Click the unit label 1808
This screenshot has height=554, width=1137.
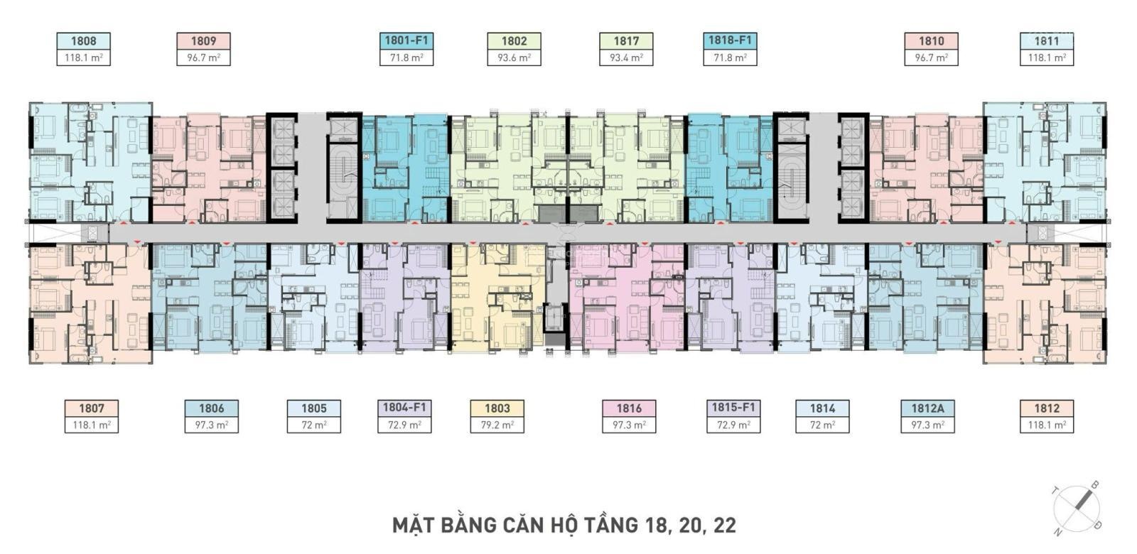tap(83, 41)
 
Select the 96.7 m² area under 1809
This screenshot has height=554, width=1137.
tap(203, 58)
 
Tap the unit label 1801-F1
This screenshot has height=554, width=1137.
tap(406, 40)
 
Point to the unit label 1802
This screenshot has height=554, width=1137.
tap(514, 41)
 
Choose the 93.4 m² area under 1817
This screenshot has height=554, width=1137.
tap(626, 58)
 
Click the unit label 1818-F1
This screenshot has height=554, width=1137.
tap(730, 40)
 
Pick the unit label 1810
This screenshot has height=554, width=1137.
tap(932, 41)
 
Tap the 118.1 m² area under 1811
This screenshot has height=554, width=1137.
tap(1047, 58)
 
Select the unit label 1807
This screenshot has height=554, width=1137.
tap(92, 408)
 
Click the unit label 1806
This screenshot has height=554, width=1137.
tap(211, 408)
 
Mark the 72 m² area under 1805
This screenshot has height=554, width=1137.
tap(313, 425)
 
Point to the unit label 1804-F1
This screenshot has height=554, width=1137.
tap(404, 408)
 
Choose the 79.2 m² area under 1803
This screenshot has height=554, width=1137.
tap(497, 425)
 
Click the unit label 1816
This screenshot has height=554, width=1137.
tap(629, 408)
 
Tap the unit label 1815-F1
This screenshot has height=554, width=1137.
tap(733, 408)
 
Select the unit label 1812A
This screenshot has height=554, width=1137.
tap(927, 408)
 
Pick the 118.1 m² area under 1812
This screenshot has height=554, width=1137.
tap(1047, 425)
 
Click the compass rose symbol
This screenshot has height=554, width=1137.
tap(1077, 509)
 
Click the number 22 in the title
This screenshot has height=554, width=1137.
tap(725, 526)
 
